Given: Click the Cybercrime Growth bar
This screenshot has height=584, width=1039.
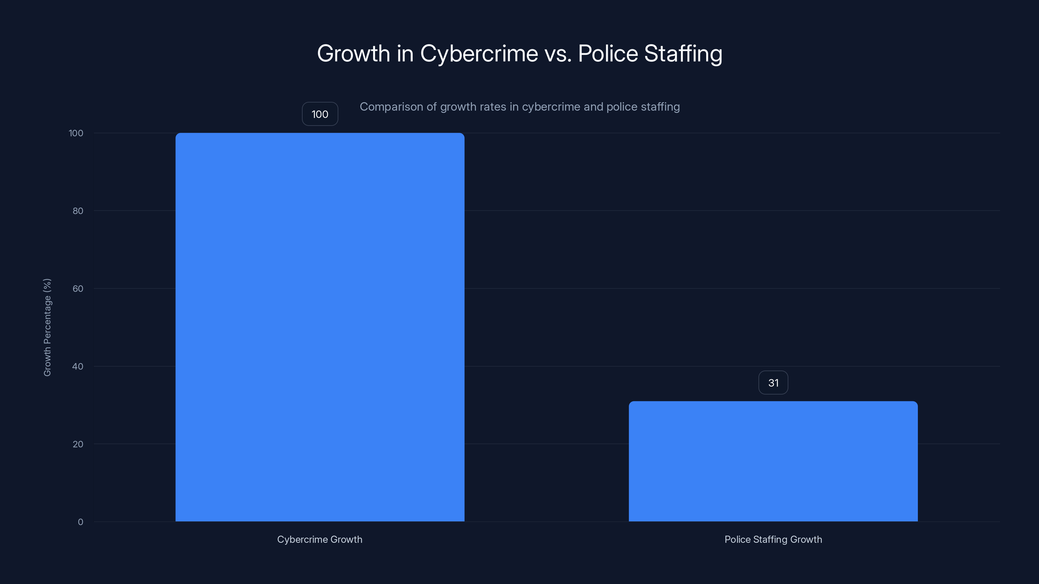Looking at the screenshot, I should (320, 327).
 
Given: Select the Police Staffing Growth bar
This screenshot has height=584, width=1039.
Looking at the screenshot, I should (773, 461).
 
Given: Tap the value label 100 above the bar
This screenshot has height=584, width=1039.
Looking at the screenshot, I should (320, 114).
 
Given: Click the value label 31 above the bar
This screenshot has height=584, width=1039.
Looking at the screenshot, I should (773, 383).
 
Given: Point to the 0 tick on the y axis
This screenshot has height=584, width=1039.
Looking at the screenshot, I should (80, 522).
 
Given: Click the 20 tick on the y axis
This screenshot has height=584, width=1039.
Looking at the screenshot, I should (78, 444).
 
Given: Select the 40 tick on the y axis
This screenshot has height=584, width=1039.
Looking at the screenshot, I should (78, 366).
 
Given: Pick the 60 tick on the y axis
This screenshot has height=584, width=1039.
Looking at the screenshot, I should (78, 288).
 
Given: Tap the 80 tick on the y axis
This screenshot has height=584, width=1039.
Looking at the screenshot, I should (78, 211).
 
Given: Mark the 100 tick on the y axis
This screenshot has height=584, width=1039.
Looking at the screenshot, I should (76, 133).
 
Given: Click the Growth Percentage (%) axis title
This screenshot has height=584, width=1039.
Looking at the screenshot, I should (47, 327).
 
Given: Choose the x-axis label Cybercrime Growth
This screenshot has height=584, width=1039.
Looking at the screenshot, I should (319, 539).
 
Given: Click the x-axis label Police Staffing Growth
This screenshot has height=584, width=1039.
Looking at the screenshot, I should (773, 539).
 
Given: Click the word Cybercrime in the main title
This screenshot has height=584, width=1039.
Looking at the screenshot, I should (479, 54).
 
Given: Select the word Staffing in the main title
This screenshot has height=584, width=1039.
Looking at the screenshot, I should (683, 54).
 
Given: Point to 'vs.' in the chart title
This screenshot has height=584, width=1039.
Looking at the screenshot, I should (558, 54).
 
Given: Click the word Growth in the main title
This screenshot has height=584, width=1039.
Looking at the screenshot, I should (353, 54).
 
